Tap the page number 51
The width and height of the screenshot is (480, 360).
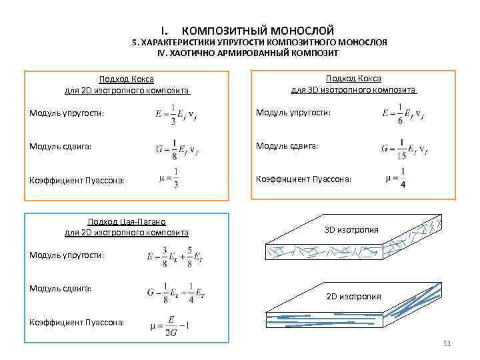click(447, 343)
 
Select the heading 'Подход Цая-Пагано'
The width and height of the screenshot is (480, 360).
click(127, 222)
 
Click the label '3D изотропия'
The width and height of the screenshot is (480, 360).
click(351, 230)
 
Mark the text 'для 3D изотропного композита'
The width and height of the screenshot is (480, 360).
click(353, 89)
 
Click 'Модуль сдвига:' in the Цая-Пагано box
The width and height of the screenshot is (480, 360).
click(61, 288)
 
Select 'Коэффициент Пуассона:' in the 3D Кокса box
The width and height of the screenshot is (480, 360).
click(305, 179)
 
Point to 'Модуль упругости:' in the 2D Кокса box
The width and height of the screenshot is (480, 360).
click(67, 113)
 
